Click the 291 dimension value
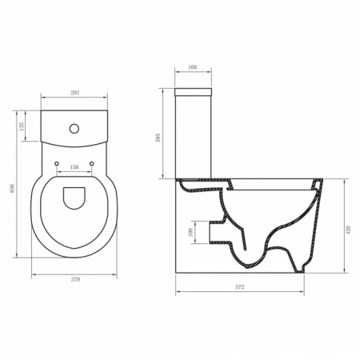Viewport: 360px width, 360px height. point(75,93)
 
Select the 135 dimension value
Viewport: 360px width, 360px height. point(22,126)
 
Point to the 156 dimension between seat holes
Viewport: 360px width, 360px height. point(74,167)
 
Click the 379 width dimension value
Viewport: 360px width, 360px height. point(75,279)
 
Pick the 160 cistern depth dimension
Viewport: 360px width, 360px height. point(192,67)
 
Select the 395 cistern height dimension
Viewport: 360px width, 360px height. point(158,138)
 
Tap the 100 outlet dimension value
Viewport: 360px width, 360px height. point(190,232)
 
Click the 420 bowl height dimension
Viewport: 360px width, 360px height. point(349,230)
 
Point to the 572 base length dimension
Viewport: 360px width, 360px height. point(240,287)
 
